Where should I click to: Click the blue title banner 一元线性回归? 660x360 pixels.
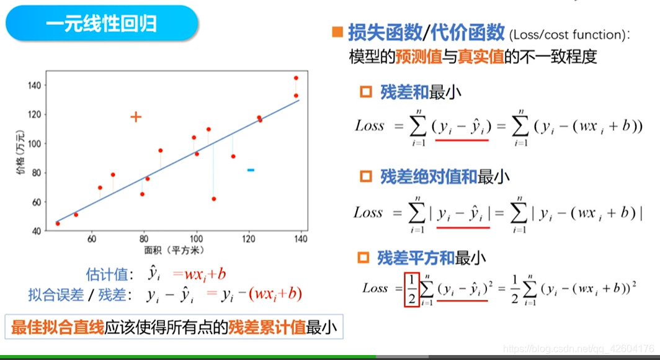point(102,24)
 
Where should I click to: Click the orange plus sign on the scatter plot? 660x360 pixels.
point(136,117)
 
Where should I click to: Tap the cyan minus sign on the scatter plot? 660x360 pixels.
point(251,169)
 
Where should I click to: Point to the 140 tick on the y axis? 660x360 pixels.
point(35,84)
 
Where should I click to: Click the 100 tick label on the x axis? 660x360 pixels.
point(197,239)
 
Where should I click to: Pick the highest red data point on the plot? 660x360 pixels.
point(296,78)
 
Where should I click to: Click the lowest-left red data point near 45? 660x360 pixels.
point(58,223)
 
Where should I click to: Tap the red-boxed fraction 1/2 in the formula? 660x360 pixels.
point(412,289)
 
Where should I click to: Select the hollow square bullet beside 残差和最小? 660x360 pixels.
point(366,92)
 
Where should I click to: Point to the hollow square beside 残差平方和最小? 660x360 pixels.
point(364,257)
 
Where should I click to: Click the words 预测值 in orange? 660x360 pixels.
point(419,57)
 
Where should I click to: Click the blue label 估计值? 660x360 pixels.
point(109,273)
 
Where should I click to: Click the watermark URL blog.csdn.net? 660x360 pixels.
point(577,349)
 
